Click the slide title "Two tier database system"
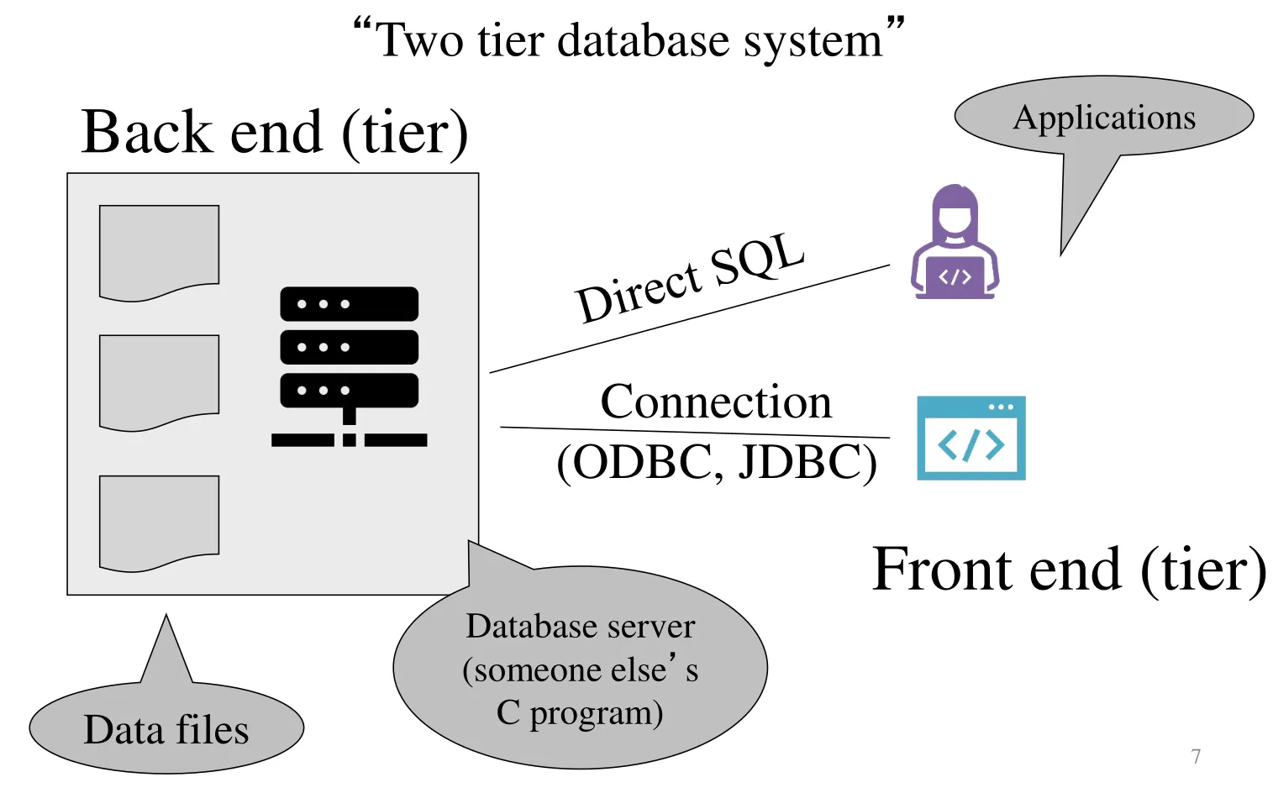629,40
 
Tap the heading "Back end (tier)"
274,132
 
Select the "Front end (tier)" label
1069,570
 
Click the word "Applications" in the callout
1104,118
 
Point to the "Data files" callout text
166,729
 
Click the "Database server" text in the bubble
581,627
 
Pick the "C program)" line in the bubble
580,713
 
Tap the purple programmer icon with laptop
955,244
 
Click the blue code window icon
971,438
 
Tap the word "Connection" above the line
716,402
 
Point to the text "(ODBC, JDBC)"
717,462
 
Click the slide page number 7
1196,756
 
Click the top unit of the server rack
349,304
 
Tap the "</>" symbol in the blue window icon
971,445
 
